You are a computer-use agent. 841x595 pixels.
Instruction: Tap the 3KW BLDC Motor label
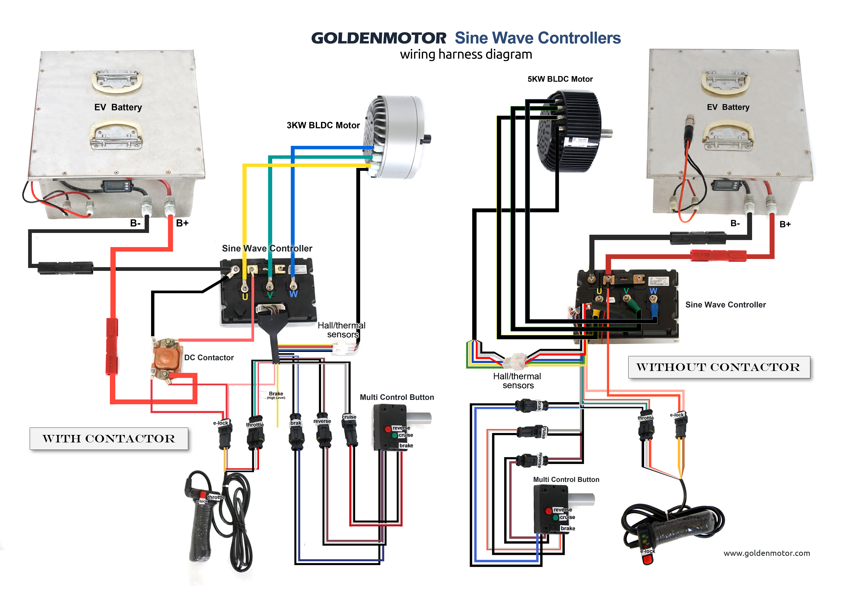(x=323, y=125)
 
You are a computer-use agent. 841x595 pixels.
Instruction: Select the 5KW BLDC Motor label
(x=560, y=79)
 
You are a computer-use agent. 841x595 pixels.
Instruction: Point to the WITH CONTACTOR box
(x=109, y=439)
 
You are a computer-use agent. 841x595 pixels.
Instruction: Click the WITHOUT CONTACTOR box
(x=719, y=367)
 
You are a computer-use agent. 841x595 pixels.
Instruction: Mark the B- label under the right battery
(x=735, y=223)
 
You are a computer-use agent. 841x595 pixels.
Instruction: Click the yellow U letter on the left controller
(x=245, y=297)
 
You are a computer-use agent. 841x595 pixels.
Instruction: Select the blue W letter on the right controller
(x=653, y=291)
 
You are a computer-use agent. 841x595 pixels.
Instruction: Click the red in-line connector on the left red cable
(x=112, y=346)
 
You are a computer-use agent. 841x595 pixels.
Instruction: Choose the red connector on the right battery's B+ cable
(x=718, y=255)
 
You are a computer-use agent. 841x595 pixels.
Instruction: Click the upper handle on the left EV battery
(x=117, y=81)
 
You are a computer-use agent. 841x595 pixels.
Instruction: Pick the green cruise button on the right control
(x=556, y=517)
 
